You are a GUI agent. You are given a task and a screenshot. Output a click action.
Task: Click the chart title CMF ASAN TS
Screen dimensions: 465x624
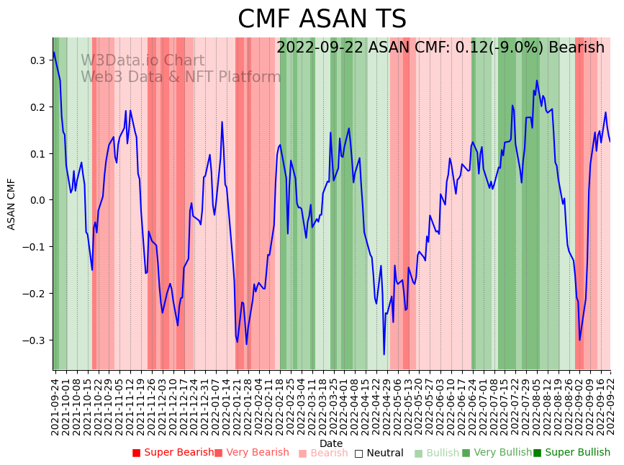point(322,19)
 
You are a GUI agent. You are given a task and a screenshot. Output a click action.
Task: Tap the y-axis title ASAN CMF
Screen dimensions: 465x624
point(12,204)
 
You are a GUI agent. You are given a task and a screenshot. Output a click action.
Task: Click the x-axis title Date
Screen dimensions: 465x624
point(331,443)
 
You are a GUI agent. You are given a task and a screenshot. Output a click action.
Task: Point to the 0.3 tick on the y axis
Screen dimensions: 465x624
point(37,60)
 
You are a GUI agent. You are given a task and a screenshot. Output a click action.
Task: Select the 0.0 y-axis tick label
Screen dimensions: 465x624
point(37,200)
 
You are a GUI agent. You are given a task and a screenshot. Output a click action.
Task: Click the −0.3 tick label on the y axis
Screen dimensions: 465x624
point(34,340)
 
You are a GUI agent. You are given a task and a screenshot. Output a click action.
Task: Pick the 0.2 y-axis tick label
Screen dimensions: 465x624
point(37,107)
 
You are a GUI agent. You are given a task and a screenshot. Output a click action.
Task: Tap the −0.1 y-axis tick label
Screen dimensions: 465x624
point(34,247)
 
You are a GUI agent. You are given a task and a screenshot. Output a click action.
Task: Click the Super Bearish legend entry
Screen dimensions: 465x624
point(173,453)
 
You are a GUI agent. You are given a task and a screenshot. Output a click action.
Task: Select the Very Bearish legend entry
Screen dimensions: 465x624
point(251,453)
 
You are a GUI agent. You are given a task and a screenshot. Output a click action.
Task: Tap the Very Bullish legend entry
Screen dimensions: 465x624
point(497,453)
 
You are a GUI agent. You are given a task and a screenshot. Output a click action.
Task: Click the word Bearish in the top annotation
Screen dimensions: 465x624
point(576,48)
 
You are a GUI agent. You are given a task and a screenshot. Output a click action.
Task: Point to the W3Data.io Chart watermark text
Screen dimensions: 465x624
point(143,60)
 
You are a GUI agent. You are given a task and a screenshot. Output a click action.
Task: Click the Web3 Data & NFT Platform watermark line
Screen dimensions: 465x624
point(181,77)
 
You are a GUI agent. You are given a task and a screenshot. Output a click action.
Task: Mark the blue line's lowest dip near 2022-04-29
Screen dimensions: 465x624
point(384,354)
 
